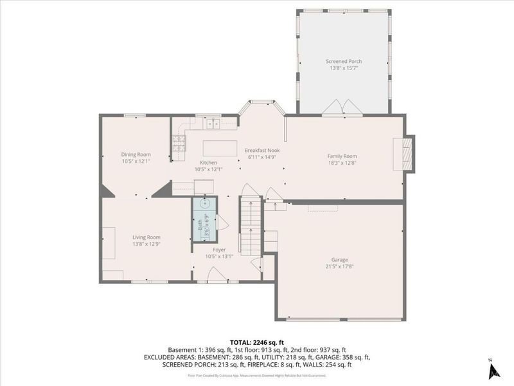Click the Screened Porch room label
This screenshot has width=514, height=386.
tap(343, 62)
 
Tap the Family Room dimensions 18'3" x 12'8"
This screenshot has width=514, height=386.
tap(342, 163)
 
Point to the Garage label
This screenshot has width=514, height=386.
tap(339, 260)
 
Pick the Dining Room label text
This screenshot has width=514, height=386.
tap(136, 154)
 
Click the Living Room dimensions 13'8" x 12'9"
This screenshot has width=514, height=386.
tap(146, 244)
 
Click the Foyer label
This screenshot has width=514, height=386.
tap(219, 250)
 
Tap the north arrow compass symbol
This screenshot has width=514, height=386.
tap(493, 370)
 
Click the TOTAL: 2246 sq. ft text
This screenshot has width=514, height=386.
tap(256, 342)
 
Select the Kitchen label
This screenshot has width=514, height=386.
tap(208, 163)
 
